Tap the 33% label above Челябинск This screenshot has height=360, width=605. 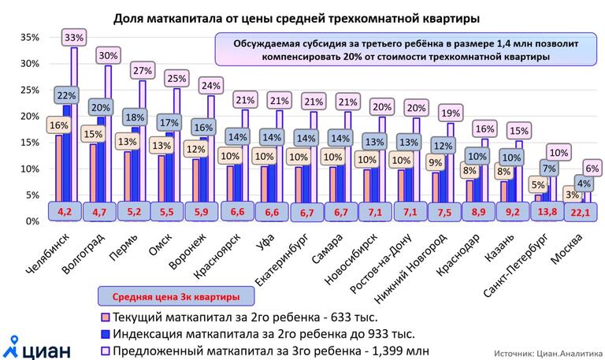tap(74, 37)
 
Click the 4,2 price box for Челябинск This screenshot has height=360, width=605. tap(65, 211)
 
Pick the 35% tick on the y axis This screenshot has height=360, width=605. tap(29, 37)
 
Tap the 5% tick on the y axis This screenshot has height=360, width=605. tap(32, 195)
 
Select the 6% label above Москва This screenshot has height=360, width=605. tap(592, 168)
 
